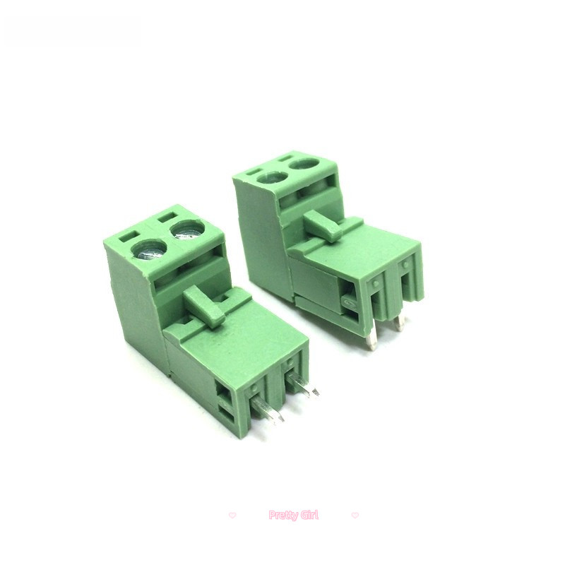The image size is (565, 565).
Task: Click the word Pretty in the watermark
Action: tap(285, 516)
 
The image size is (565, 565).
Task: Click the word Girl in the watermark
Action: tap(309, 516)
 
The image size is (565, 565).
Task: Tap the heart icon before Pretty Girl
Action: tap(232, 516)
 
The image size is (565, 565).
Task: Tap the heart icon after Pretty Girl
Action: tap(355, 516)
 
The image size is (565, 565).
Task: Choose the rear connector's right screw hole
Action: tap(304, 164)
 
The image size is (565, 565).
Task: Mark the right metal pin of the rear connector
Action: tap(400, 323)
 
